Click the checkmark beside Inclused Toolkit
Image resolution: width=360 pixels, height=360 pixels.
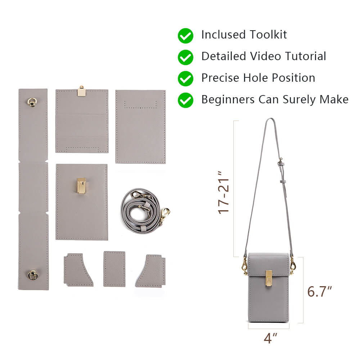[x=185, y=36]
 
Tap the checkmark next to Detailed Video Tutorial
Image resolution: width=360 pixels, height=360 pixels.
[x=185, y=57]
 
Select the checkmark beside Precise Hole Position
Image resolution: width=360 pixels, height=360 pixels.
[x=185, y=78]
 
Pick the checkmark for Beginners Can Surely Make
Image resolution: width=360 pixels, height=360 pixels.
[x=185, y=100]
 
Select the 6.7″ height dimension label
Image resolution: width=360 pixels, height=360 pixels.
[x=319, y=291]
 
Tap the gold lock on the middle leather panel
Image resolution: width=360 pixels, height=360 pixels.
[x=82, y=185]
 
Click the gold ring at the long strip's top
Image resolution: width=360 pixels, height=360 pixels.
[x=32, y=102]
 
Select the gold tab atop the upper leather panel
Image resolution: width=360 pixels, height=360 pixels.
[x=81, y=91]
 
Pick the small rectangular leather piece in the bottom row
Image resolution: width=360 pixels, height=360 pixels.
[x=114, y=269]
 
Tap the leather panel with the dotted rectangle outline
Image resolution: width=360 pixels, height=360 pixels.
[x=140, y=126]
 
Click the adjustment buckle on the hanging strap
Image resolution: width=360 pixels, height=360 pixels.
[x=280, y=163]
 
